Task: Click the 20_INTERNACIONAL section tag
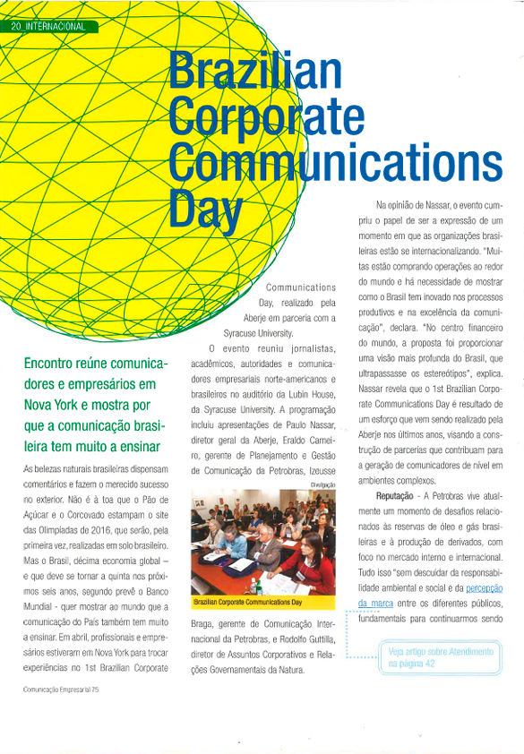pyautogui.click(x=49, y=26)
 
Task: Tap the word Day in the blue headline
pyautogui.click(x=206, y=211)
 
